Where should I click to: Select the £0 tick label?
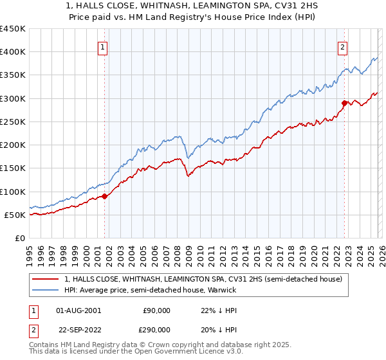(x=20, y=238)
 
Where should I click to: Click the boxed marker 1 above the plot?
(x=102, y=46)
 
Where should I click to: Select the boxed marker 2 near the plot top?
(x=343, y=46)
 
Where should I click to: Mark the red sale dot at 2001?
(x=105, y=196)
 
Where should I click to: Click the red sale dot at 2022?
(x=345, y=103)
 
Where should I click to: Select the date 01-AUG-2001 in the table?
(x=78, y=310)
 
